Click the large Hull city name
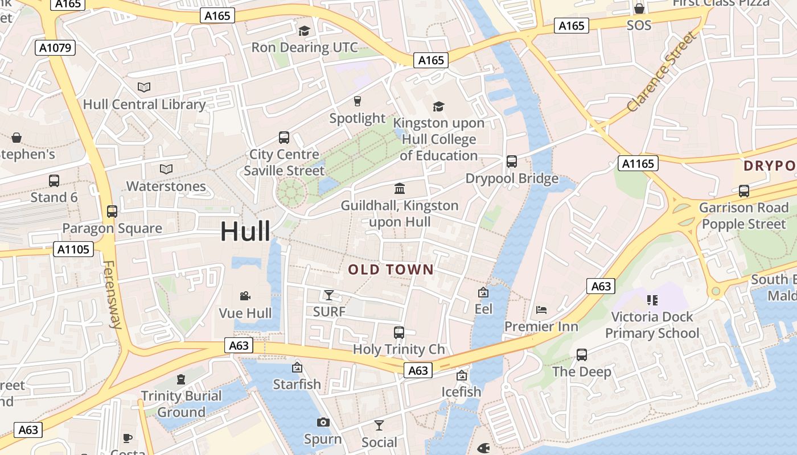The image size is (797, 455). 245,231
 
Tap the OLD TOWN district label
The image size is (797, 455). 391,270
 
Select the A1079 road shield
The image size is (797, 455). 55,48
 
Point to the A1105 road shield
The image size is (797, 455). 74,249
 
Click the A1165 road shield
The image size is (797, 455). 638,164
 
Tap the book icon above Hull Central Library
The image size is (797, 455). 144,88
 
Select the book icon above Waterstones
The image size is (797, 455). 166,169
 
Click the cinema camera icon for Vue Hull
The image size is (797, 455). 245,296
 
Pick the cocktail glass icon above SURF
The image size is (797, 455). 329,295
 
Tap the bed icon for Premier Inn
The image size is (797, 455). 541,310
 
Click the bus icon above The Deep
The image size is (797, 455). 581,355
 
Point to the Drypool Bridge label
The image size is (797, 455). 512,179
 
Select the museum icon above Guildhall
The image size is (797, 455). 400,188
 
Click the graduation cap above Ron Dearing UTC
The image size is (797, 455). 305,31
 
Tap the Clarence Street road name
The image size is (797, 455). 662,72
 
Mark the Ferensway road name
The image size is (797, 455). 112,294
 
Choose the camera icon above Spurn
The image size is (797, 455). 323,422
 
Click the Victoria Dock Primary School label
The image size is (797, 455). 652,325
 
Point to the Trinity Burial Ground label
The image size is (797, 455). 181,404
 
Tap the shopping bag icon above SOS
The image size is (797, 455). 639,9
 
